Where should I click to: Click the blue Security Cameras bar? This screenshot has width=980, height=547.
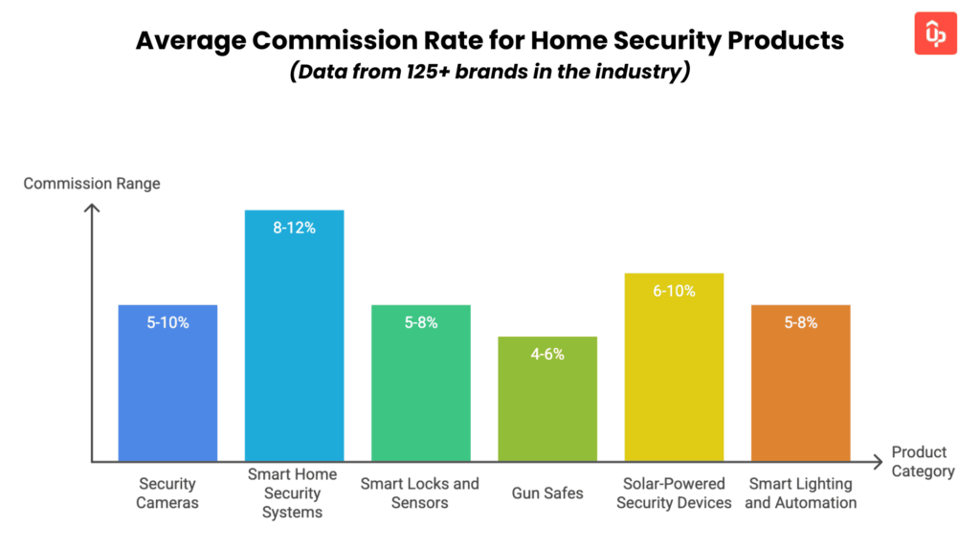tap(167, 383)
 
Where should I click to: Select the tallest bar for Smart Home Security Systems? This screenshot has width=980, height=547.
tap(294, 335)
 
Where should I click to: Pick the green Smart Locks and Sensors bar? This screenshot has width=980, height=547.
tap(420, 383)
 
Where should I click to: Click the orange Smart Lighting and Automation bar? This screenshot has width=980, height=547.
tap(800, 383)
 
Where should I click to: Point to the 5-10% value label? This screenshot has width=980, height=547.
tap(167, 323)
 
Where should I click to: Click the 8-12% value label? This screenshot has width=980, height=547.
tap(294, 229)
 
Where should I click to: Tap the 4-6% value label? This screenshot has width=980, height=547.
tap(547, 354)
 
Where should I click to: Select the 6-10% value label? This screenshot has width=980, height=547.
tap(674, 291)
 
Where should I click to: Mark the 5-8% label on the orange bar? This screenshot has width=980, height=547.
tap(800, 323)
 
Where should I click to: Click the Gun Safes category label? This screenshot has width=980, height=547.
tap(547, 493)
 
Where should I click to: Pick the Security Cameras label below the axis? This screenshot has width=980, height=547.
tap(167, 493)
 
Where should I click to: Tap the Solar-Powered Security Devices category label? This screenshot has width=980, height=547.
tap(674, 493)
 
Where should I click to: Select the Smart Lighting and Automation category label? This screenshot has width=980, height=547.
tap(800, 493)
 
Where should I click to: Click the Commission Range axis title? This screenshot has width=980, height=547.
tap(92, 184)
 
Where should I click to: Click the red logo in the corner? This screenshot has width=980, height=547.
tap(935, 33)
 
